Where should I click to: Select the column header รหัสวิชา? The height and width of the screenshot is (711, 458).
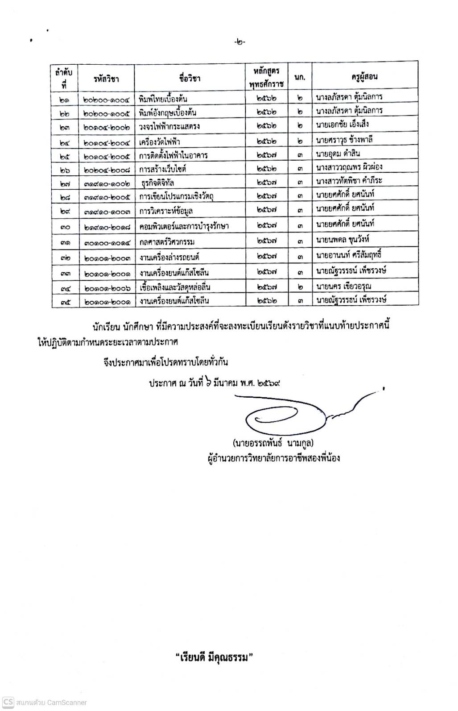(106, 79)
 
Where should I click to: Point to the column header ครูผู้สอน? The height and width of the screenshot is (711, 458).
(364, 77)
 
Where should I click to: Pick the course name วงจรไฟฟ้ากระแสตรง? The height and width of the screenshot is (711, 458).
(169, 126)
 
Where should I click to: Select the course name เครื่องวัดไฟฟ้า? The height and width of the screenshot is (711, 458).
(159, 142)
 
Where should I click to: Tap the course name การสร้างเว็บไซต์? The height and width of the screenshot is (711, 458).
(162, 169)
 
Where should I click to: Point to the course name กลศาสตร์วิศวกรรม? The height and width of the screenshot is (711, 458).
(166, 242)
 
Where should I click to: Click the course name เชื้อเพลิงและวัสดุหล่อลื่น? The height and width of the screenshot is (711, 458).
(174, 287)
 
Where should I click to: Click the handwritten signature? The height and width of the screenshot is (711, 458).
(290, 413)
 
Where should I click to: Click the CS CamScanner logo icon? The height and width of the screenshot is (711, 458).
(8, 702)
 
